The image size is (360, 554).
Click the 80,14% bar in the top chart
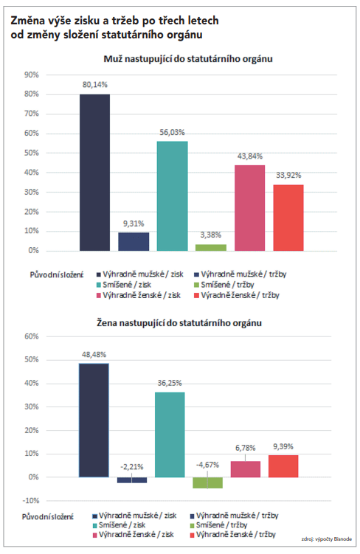tap(94, 173)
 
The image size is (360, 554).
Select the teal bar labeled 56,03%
tap(173, 196)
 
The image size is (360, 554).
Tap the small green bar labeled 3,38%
tap(211, 248)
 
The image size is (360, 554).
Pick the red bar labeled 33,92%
tap(288, 218)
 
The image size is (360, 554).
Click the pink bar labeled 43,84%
tap(250, 208)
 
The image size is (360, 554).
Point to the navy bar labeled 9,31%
tap(134, 242)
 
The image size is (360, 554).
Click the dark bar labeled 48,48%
tap(94, 420)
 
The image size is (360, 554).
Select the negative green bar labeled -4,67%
tap(208, 482)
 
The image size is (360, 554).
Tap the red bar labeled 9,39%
tap(283, 466)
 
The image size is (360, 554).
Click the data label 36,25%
tap(170, 383)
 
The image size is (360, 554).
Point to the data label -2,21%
tap(132, 467)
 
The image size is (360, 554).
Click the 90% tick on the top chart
tap(32, 75)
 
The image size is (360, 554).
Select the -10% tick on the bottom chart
tap(31, 501)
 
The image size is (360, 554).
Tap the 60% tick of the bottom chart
tap(32, 336)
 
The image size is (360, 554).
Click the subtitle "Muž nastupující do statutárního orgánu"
tap(188, 59)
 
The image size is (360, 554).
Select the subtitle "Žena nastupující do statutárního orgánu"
tap(179, 323)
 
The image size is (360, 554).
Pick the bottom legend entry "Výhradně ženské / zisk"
tap(133, 535)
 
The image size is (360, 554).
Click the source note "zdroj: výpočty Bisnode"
tap(327, 539)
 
